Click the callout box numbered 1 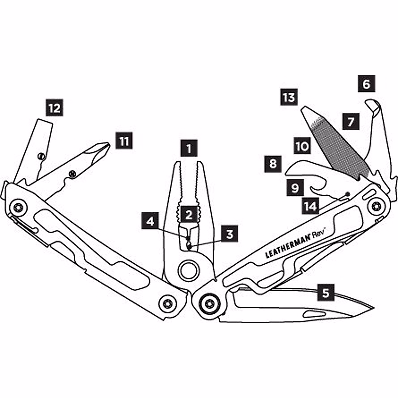[x=189, y=148]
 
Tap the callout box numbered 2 [x=189, y=215]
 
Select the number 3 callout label [x=230, y=234]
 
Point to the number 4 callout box [x=151, y=221]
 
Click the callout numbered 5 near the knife [x=326, y=293]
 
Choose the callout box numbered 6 [x=366, y=84]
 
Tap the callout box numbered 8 [x=273, y=164]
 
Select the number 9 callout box [x=295, y=188]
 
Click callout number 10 [x=302, y=146]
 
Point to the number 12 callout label [x=55, y=108]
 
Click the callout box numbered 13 [x=289, y=98]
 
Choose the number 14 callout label [x=310, y=206]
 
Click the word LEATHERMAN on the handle [x=287, y=246]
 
